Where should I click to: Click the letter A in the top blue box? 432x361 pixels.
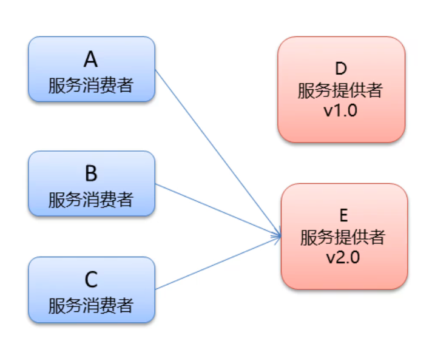[90, 60]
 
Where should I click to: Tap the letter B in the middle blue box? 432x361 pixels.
[90, 174]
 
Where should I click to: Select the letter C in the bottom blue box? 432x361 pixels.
[90, 280]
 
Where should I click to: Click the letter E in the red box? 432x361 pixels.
[343, 214]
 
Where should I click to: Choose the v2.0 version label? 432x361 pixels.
[343, 257]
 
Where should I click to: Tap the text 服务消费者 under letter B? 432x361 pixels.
[90, 199]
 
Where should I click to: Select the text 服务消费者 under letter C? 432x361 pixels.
[90, 304]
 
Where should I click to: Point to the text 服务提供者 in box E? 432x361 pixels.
[343, 236]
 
